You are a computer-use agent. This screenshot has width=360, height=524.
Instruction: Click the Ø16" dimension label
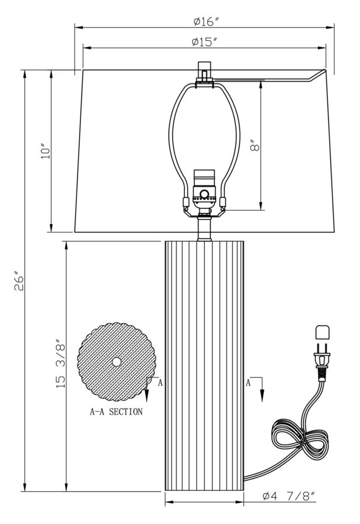pos(205,22)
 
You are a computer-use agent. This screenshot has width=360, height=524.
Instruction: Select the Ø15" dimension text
pos(204,42)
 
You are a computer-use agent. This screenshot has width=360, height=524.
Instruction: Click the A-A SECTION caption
pos(116,412)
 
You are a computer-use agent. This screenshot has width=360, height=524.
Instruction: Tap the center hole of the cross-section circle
pos(117,362)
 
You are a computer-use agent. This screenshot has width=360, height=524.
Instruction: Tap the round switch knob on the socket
pos(204,194)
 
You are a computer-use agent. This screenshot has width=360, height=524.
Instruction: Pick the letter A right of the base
pos(248,383)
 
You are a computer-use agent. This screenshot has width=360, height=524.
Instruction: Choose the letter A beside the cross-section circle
pos(160,383)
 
